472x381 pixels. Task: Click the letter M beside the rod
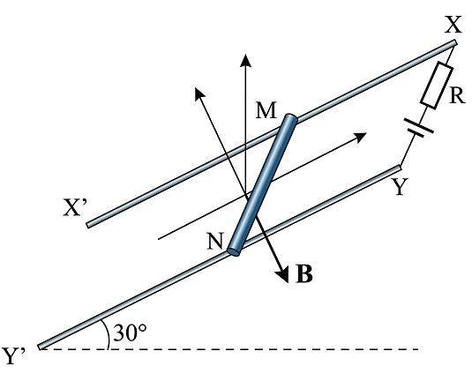pyautogui.click(x=266, y=110)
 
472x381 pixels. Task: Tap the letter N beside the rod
pyautogui.click(x=215, y=241)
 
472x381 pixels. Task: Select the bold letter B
pyautogui.click(x=304, y=273)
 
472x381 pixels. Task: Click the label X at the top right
pyautogui.click(x=453, y=25)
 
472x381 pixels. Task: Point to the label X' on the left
pyautogui.click(x=75, y=207)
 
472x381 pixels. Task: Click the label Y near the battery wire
pyautogui.click(x=399, y=187)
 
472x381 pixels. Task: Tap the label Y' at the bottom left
pyautogui.click(x=13, y=356)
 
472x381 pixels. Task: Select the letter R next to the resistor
pyautogui.click(x=457, y=96)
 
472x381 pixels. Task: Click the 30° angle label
pyautogui.click(x=130, y=332)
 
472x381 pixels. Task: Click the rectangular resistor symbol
pyautogui.click(x=437, y=86)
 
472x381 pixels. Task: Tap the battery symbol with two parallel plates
pyautogui.click(x=419, y=128)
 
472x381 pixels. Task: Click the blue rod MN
pyautogui.click(x=263, y=185)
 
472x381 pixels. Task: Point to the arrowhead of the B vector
pyautogui.click(x=283, y=274)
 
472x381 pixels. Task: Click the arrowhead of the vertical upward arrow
pyautogui.click(x=246, y=61)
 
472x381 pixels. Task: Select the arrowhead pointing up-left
pyautogui.click(x=199, y=93)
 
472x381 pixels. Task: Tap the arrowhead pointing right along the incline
pyautogui.click(x=359, y=137)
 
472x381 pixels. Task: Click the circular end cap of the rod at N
pyautogui.click(x=234, y=251)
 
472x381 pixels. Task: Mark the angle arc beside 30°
pyautogui.click(x=105, y=333)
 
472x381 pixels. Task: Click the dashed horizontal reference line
pyautogui.click(x=229, y=349)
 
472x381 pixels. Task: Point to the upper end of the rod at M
pyautogui.click(x=291, y=118)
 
